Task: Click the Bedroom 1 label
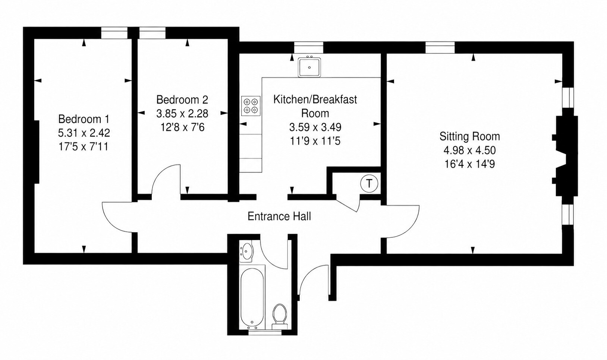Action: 84,119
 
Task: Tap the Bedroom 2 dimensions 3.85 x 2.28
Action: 182,114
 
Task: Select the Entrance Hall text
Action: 279,217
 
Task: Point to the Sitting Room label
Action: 470,136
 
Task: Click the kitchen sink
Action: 309,67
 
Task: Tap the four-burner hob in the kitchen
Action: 251,106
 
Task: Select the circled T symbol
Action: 369,183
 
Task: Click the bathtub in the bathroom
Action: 252,297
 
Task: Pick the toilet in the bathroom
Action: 280,316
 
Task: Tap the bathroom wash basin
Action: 246,251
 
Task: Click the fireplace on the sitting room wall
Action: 566,156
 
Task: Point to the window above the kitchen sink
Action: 309,47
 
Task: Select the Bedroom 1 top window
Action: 114,33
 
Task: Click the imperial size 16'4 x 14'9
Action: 470,164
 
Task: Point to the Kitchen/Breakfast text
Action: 315,100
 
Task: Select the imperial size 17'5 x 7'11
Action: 84,147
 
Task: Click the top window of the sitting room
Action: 440,47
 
